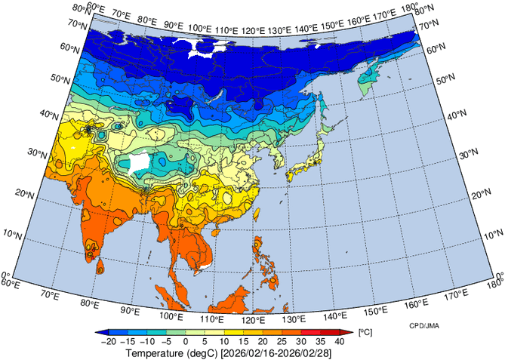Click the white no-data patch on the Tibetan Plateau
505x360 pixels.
point(139,163)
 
